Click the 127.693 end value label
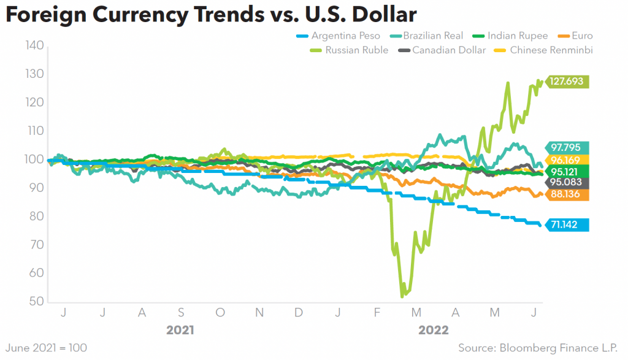(x=567, y=82)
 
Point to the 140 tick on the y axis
(x=34, y=45)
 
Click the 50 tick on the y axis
(x=37, y=302)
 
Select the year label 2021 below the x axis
(x=180, y=331)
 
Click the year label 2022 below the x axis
(x=434, y=331)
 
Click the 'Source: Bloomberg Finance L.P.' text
(x=540, y=348)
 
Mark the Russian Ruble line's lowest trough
(x=402, y=296)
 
